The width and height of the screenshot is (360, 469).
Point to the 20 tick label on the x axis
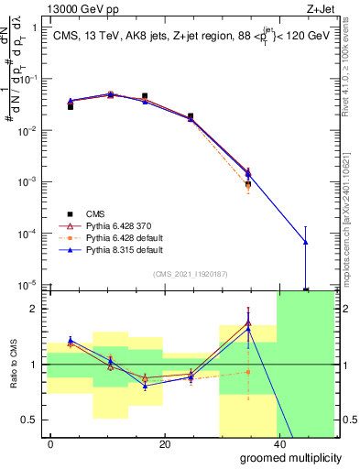pyautogui.click(x=164, y=443)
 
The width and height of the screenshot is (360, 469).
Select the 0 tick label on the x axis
pyautogui.click(x=51, y=443)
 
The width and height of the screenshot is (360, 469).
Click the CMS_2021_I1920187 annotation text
pyautogui.click(x=191, y=274)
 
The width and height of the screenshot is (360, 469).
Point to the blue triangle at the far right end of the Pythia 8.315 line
pyautogui.click(x=305, y=242)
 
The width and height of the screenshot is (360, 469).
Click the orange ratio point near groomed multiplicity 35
pyautogui.click(x=248, y=371)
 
